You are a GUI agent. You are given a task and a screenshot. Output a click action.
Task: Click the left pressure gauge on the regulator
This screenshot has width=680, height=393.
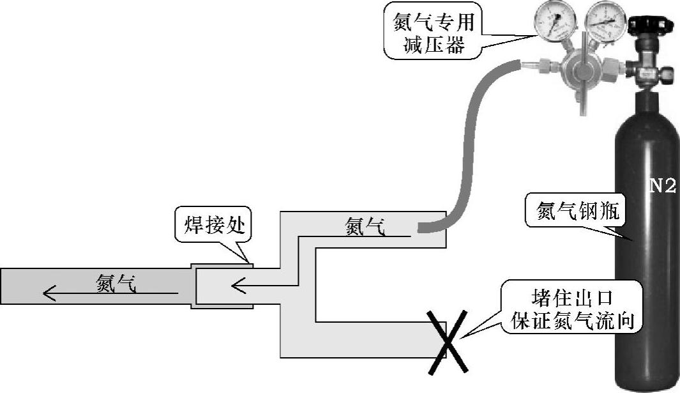[x=555, y=23]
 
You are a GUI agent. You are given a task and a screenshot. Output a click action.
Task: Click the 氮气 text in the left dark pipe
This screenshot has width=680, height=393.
[x=116, y=282]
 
